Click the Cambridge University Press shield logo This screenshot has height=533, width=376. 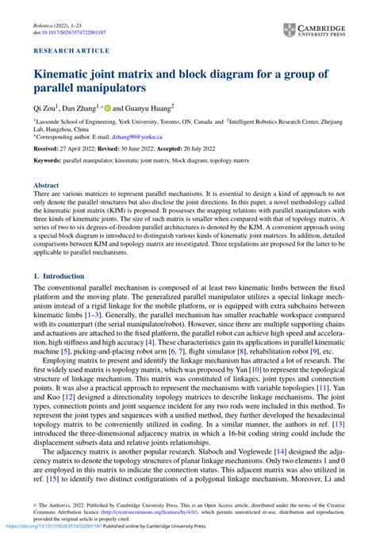click(288, 29)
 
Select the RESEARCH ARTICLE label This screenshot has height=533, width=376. click(71, 51)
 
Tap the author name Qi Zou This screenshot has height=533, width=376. click(44, 106)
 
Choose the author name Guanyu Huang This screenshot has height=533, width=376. click(147, 106)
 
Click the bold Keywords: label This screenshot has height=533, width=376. click(47, 161)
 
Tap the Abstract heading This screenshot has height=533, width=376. click(45, 185)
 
